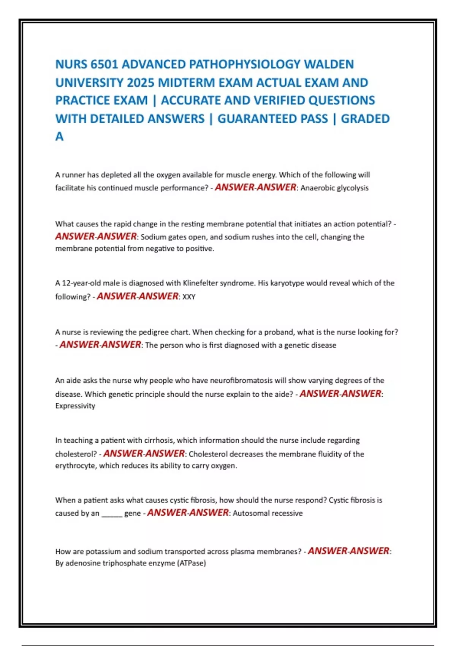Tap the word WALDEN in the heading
[329, 64]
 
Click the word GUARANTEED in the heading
[272, 119]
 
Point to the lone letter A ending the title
[59, 136]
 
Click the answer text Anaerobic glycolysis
[334, 188]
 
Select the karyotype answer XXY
[189, 297]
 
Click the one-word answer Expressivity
[75, 406]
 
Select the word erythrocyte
[76, 466]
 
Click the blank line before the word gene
[112, 514]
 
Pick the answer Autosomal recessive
[268, 513]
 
